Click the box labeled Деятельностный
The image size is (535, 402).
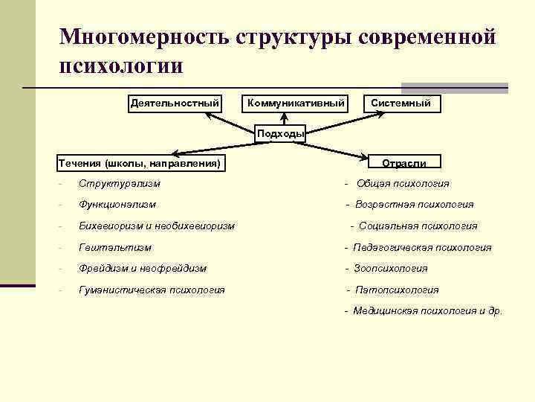pyautogui.click(x=175, y=103)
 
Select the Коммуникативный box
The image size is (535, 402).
pyautogui.click(x=296, y=103)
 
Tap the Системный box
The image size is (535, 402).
pyautogui.click(x=401, y=103)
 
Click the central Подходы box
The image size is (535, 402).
pyautogui.click(x=281, y=134)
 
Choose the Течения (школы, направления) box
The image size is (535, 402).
pyautogui.click(x=140, y=162)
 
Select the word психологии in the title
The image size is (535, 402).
pyautogui.click(x=121, y=65)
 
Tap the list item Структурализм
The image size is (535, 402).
pyautogui.click(x=120, y=183)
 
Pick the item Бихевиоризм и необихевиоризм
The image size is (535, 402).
pyautogui.click(x=157, y=226)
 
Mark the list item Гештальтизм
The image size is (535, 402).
pyautogui.click(x=115, y=247)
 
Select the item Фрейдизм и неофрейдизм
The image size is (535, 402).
pyautogui.click(x=143, y=268)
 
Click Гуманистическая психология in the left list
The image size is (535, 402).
pyautogui.click(x=152, y=290)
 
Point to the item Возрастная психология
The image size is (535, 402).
pyautogui.click(x=414, y=204)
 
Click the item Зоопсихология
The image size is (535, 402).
pyautogui.click(x=391, y=268)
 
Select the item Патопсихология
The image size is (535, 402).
pyautogui.click(x=397, y=290)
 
